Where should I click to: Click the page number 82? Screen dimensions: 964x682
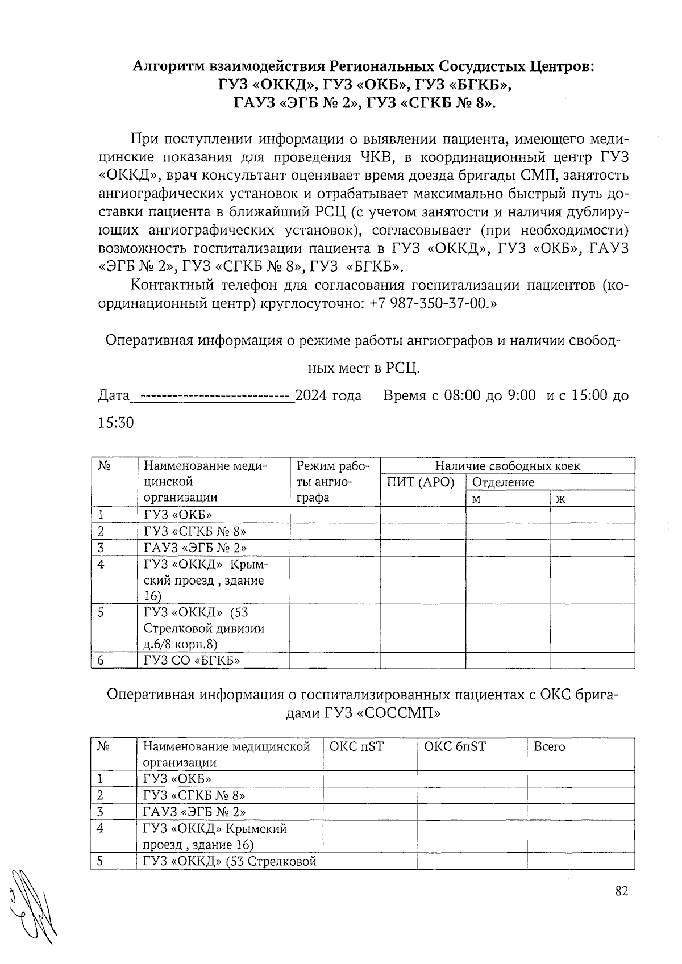[621, 891]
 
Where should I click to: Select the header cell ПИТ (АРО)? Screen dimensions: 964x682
[421, 482]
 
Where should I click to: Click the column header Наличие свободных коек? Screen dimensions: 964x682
[507, 466]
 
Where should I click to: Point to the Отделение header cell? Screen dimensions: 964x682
[504, 482]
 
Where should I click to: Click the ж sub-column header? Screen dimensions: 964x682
[561, 499]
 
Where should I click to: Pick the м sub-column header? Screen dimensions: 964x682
[477, 499]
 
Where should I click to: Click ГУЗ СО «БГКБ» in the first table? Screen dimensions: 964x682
[192, 660]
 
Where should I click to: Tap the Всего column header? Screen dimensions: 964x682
[549, 746]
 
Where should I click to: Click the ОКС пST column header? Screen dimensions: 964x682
[356, 746]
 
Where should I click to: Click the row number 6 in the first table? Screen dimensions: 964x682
[101, 660]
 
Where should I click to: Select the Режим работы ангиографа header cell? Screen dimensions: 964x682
[332, 482]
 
